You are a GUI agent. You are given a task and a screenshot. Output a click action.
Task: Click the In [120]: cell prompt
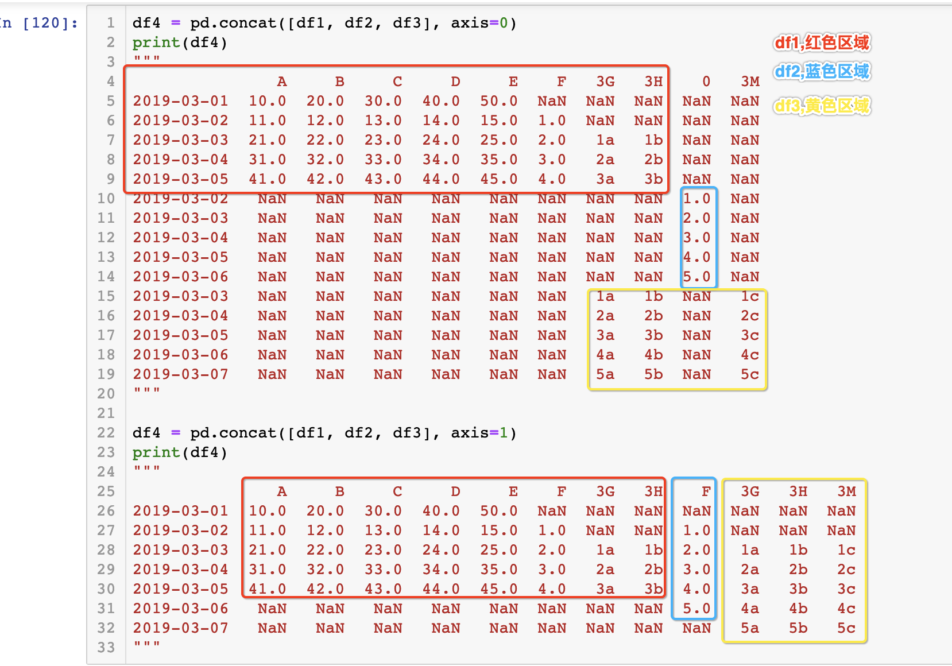pos(39,24)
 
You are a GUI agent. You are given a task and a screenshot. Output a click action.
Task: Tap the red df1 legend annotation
pos(822,42)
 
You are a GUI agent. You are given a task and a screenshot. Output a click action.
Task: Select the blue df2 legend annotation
pos(822,72)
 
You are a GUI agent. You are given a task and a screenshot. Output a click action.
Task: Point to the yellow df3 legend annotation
pos(822,106)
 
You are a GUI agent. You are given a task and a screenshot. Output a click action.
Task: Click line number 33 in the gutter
pos(106,648)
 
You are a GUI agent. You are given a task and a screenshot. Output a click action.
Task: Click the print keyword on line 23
pos(156,452)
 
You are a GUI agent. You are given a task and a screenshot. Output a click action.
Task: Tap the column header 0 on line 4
pos(706,82)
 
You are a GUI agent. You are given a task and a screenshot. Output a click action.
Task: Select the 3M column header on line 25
pos(846,491)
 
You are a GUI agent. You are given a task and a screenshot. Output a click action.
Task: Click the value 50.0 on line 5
pos(498,101)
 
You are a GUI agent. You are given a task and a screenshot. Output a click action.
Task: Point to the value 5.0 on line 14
pos(696,277)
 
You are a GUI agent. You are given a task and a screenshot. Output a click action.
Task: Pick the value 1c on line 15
pos(749,296)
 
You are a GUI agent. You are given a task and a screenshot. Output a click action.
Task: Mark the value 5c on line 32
pos(846,628)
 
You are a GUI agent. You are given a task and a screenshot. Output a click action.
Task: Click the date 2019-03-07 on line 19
pos(180,374)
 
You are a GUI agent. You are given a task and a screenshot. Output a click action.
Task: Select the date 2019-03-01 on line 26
pos(180,511)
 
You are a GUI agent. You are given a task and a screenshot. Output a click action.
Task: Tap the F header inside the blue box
pos(706,491)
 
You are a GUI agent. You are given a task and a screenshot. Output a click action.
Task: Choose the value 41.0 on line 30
pos(267,589)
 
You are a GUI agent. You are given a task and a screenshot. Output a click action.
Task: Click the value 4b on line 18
pos(653,355)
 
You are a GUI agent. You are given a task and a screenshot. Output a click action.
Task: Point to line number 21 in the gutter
pos(106,413)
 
